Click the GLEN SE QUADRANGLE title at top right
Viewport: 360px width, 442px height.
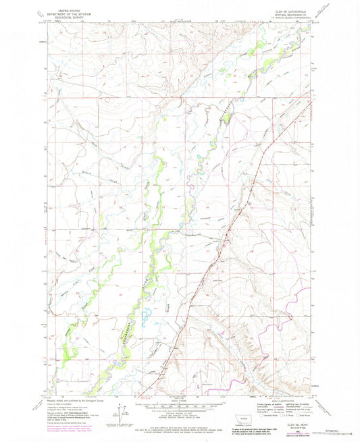tap(283, 12)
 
